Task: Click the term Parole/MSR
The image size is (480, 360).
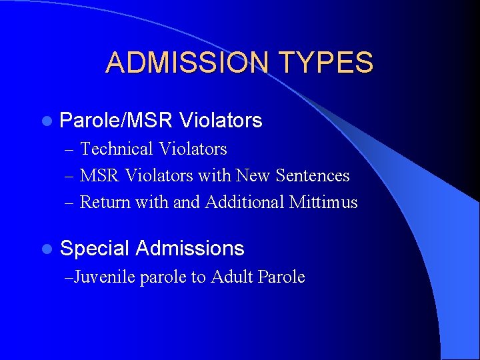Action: pos(117,121)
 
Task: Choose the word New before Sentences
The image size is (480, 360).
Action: pos(270,175)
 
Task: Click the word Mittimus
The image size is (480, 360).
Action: pos(323,202)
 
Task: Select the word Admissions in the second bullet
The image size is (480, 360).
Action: pos(190,249)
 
